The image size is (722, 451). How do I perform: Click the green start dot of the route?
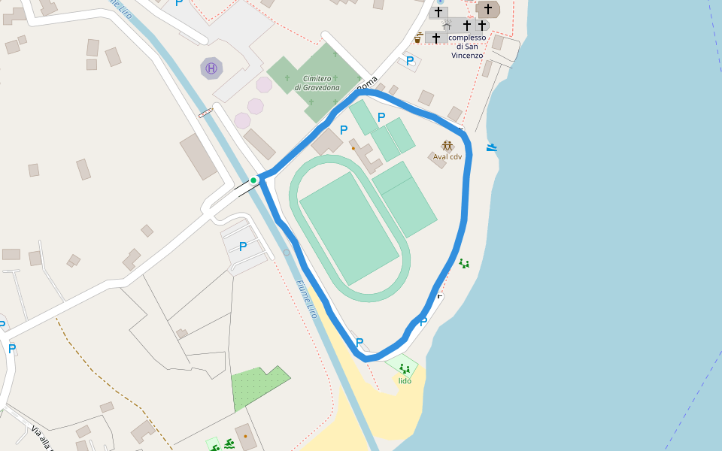pos(253,180)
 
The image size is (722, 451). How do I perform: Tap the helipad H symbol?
pos(211,68)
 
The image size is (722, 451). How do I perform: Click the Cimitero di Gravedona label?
pos(322,83)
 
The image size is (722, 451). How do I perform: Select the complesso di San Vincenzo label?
pos(467,46)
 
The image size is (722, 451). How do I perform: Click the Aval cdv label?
pos(447,157)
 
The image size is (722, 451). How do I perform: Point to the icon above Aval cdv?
pos(447,145)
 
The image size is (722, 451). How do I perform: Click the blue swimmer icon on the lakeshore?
pos(492,147)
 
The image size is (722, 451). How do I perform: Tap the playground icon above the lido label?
pos(405,368)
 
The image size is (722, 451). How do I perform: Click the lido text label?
pos(405,380)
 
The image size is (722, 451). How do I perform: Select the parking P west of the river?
pos(242,247)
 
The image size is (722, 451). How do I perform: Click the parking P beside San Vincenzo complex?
pos(410,61)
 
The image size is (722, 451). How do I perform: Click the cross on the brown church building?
pos(488,9)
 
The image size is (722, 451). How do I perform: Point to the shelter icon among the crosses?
pos(447,26)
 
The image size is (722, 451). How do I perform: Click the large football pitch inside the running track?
pos(349,228)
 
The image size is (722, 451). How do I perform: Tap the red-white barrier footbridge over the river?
pos(206,113)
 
